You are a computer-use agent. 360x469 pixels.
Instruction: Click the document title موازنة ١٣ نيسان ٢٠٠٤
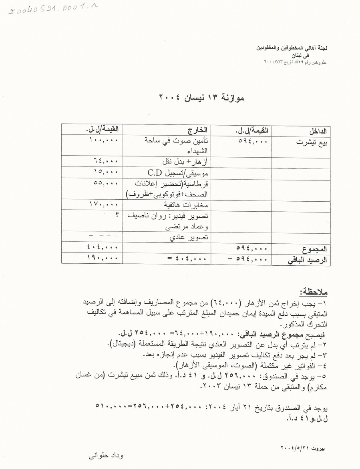click(x=202, y=97)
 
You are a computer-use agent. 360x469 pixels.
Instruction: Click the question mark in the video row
click(x=117, y=215)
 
